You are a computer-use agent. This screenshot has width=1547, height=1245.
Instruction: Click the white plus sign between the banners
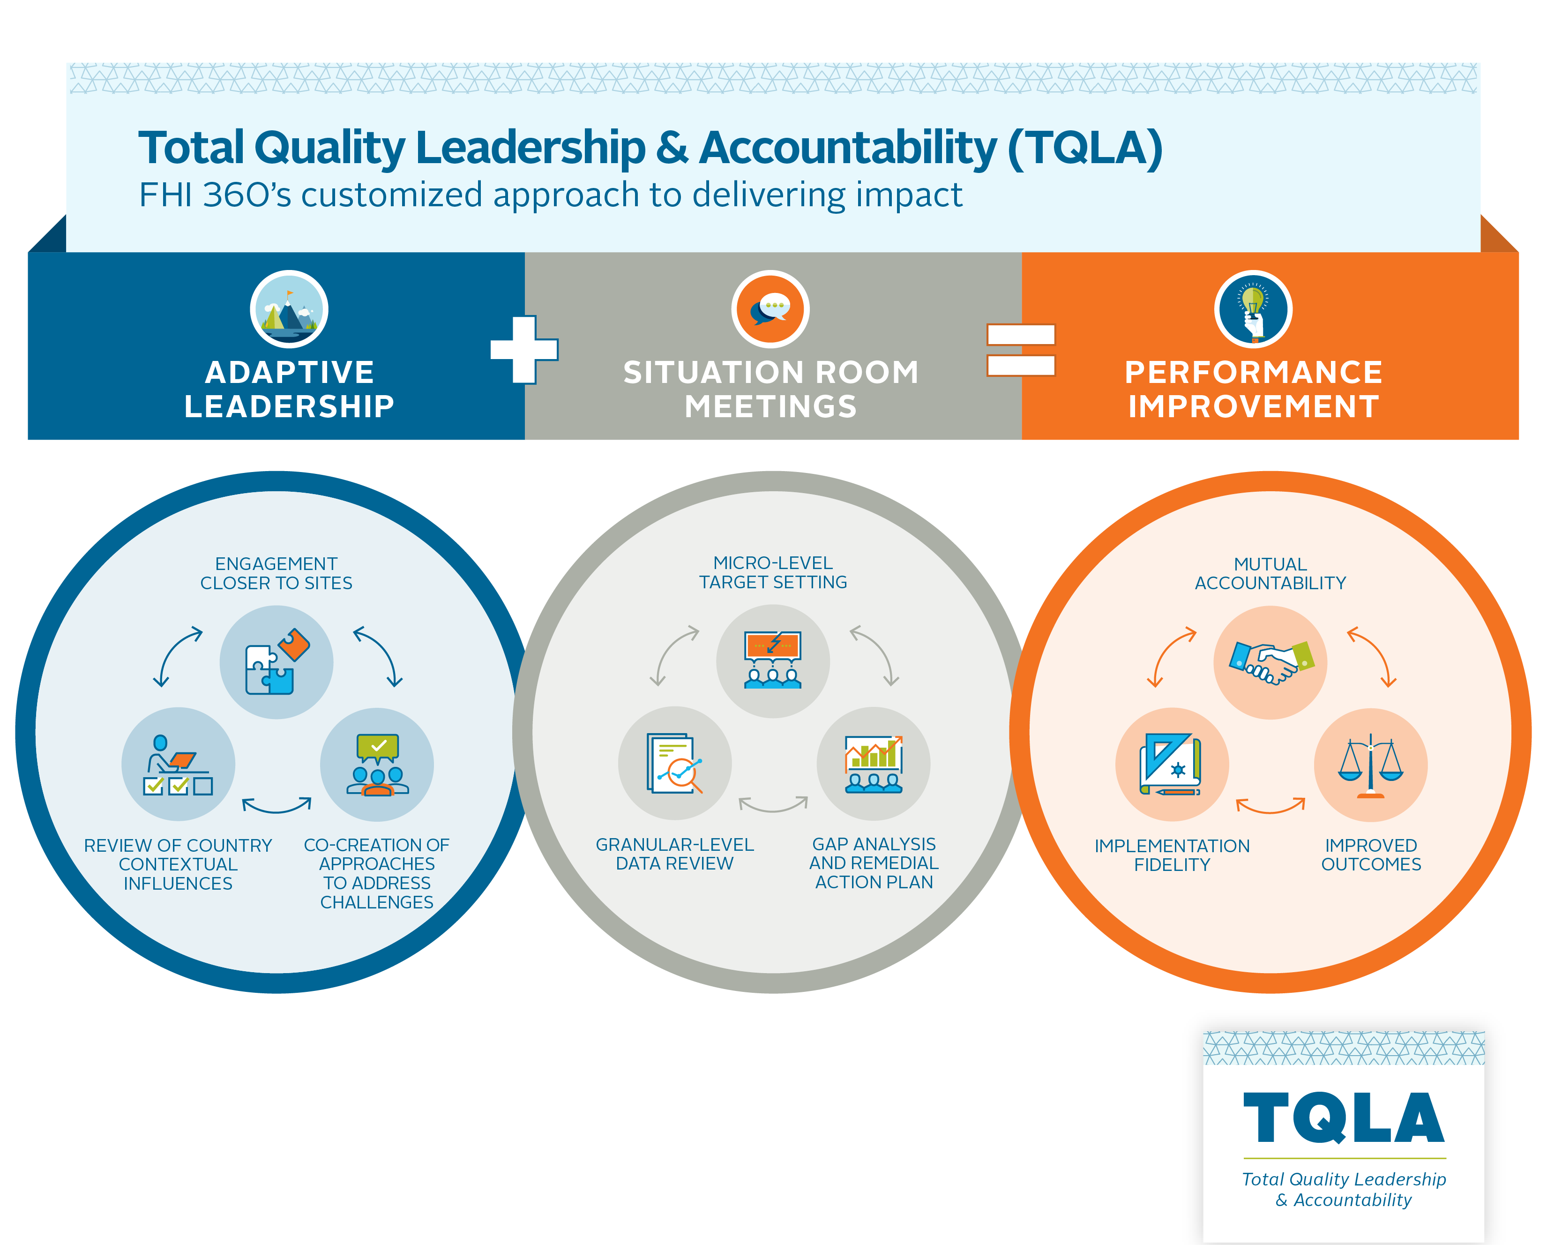click(x=524, y=350)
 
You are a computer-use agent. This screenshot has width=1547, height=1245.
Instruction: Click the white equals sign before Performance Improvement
click(x=1021, y=350)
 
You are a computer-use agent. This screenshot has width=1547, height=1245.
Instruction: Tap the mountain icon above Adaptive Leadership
click(x=289, y=309)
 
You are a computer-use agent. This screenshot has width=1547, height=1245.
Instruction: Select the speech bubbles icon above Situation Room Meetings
click(x=770, y=309)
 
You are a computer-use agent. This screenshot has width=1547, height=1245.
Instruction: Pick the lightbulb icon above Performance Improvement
click(x=1254, y=309)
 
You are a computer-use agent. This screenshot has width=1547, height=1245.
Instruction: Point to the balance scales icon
click(x=1370, y=765)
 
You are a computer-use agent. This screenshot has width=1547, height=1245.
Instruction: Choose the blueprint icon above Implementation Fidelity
click(x=1172, y=765)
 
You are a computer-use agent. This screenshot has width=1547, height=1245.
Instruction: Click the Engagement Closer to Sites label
click(x=276, y=573)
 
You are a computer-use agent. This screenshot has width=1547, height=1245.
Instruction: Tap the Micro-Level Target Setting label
click(x=773, y=573)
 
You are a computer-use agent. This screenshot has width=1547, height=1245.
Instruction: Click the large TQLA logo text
click(x=1344, y=1118)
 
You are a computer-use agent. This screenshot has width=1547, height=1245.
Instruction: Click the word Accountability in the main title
click(x=848, y=148)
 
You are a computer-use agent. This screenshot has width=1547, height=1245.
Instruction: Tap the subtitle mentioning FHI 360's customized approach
click(x=550, y=195)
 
